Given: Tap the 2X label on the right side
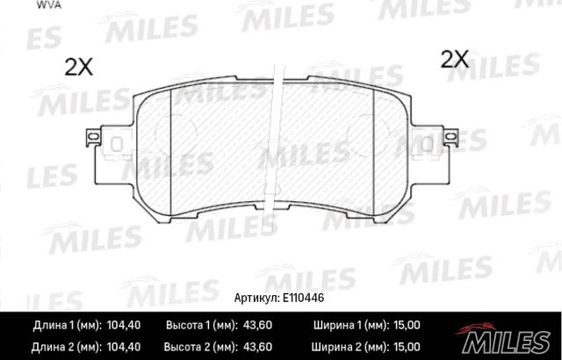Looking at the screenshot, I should coord(455,60).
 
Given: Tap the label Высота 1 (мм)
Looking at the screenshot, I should coord(200,324).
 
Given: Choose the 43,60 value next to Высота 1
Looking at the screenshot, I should coord(259,324).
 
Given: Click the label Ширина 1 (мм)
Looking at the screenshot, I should coord(347,324).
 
